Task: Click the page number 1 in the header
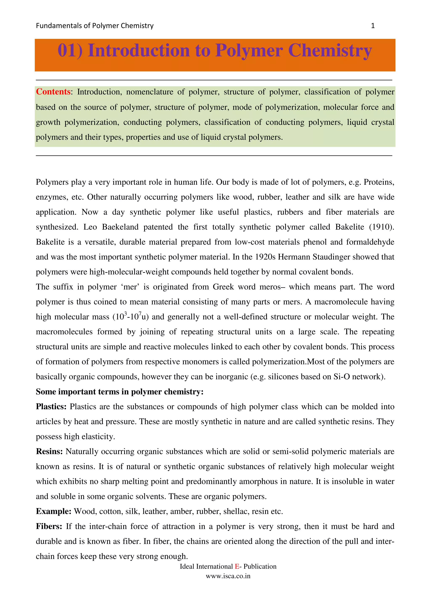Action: (372, 26)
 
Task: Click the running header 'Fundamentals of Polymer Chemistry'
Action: (94, 26)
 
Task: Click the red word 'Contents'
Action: (53, 92)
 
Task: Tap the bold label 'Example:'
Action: (54, 511)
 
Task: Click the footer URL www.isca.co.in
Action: (228, 576)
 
